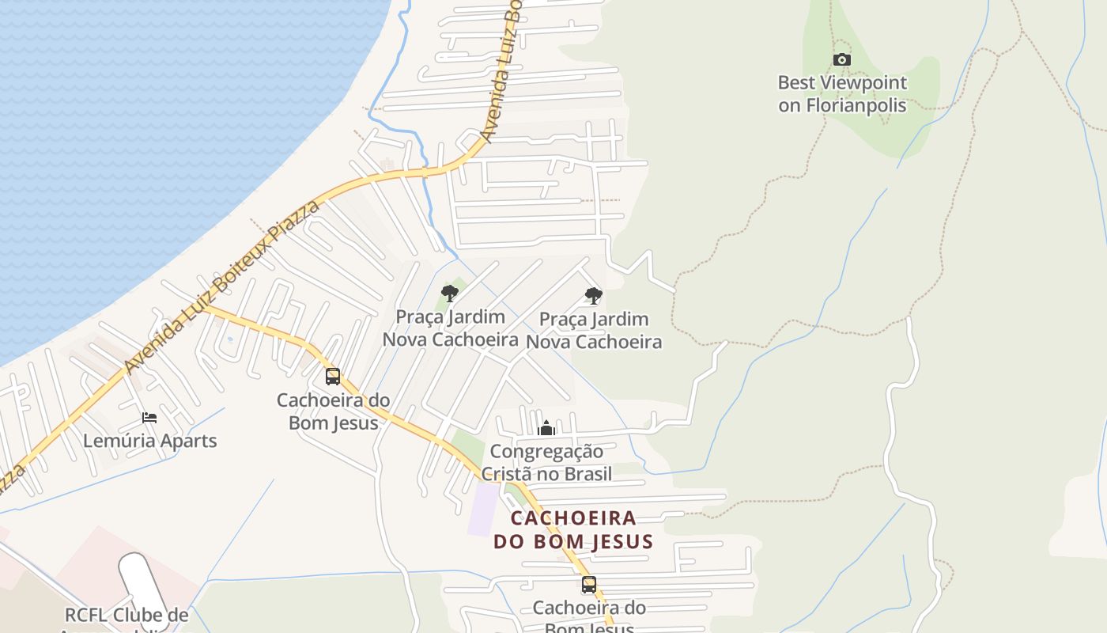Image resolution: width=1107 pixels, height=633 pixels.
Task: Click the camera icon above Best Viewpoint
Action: click(842, 59)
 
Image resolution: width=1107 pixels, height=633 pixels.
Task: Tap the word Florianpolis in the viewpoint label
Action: click(856, 105)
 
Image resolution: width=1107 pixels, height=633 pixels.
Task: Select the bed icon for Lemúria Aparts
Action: click(149, 418)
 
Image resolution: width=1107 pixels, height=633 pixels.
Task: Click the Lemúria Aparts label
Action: click(150, 441)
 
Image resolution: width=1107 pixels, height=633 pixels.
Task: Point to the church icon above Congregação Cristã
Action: click(546, 429)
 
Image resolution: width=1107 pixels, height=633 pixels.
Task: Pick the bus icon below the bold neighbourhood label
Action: click(589, 586)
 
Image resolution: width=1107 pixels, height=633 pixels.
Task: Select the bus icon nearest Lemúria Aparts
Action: click(333, 377)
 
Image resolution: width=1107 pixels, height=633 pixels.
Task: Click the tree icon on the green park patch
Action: click(450, 294)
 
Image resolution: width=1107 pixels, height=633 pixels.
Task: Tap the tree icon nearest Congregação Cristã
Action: click(594, 297)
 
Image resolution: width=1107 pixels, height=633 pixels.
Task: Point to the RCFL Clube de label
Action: click(127, 616)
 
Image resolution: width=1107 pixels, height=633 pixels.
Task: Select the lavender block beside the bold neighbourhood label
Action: click(484, 509)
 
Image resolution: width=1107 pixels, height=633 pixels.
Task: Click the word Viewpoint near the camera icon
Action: click(863, 82)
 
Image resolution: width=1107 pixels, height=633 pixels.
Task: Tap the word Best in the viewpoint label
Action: click(795, 82)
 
